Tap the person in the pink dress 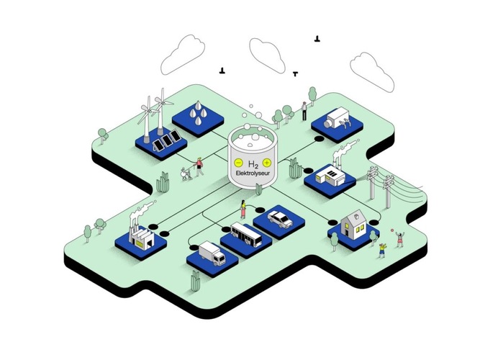point(243,210)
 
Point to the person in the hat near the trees point(304,110)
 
